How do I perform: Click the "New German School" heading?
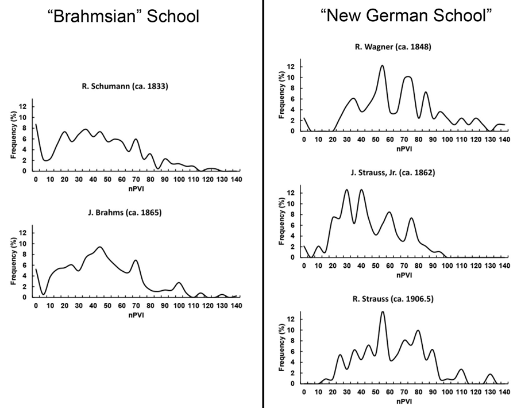[407, 15]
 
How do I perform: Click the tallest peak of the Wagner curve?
[382, 66]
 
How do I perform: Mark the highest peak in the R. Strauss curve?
[383, 312]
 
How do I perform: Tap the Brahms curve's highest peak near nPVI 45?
[100, 247]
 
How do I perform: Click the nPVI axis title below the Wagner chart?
[404, 148]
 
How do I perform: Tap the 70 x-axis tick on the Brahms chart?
[136, 305]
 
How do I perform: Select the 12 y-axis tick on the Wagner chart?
[292, 67]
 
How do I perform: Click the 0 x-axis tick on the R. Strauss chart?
[304, 392]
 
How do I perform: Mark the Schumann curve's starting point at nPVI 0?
[36, 124]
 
